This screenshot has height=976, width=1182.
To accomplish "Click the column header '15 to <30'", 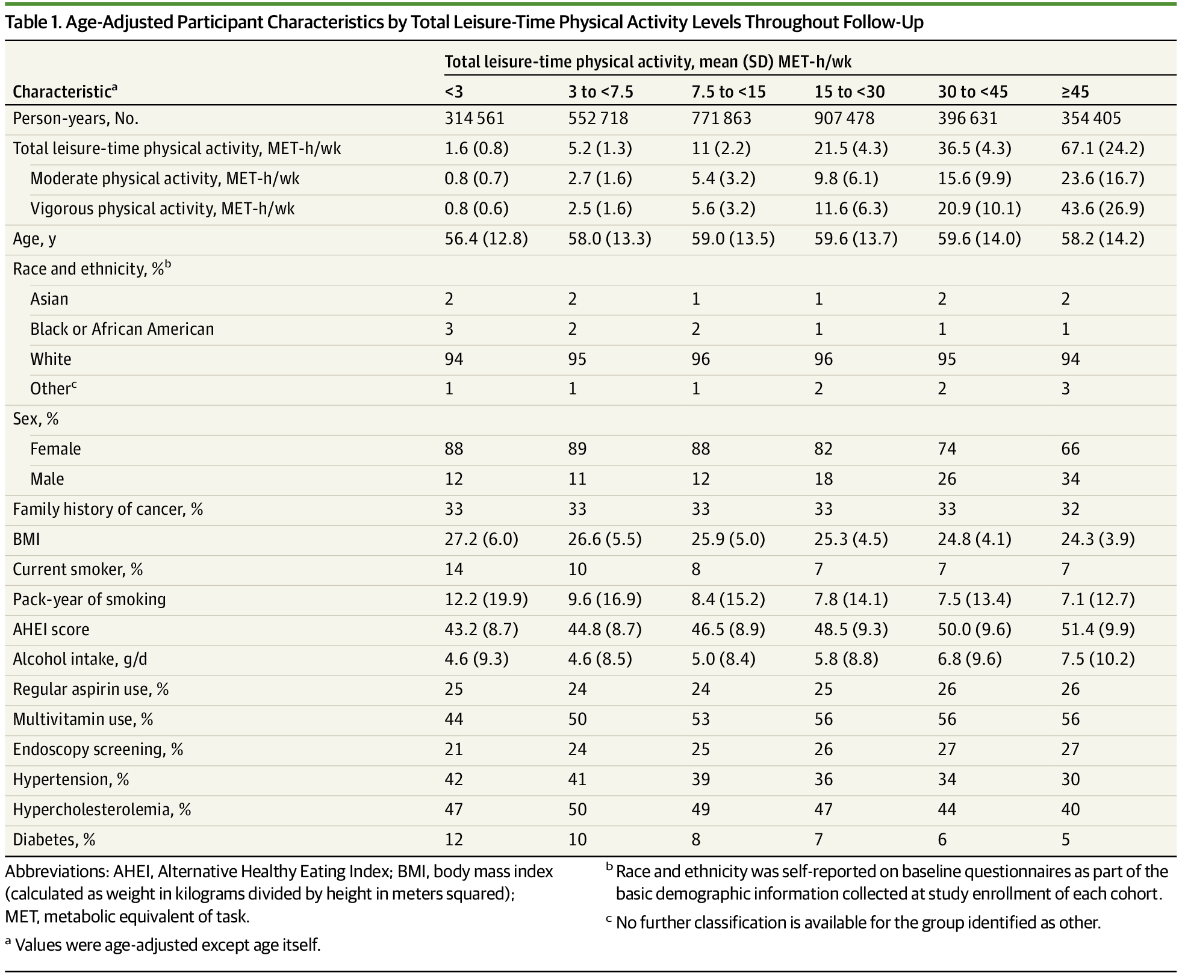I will click(x=849, y=92).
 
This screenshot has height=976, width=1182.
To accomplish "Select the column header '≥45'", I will click(x=1075, y=92).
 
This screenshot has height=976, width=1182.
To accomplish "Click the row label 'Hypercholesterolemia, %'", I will click(x=102, y=809).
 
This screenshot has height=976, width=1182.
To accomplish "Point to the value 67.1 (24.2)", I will click(x=1103, y=148).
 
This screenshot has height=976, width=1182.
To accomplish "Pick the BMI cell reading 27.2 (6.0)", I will click(x=481, y=539).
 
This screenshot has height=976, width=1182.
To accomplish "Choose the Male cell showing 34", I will click(x=1070, y=479).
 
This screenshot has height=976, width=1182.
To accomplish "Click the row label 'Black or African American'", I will click(x=122, y=329).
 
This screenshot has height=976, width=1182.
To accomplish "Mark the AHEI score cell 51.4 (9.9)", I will click(x=1098, y=629).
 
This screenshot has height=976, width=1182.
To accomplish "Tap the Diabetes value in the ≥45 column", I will click(x=1066, y=839).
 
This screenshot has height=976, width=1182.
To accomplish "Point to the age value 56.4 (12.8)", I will click(x=486, y=238).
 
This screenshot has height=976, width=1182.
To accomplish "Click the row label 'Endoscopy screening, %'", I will click(x=98, y=749).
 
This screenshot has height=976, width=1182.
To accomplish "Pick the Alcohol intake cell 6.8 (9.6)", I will click(x=969, y=659).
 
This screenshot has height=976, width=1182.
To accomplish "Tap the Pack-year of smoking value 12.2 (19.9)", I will click(x=486, y=599).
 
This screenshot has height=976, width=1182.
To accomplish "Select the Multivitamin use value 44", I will click(x=454, y=719).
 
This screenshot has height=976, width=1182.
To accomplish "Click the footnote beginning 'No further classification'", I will click(x=858, y=922).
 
